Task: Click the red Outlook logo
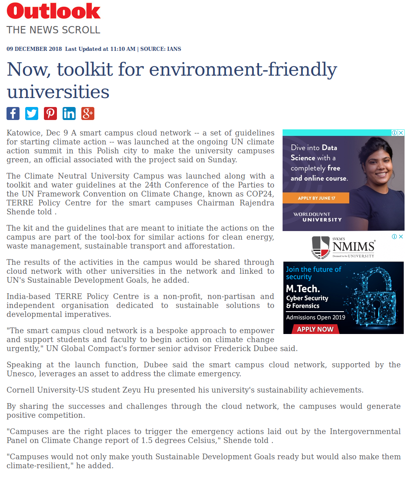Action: point(54,11)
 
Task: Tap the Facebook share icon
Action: point(13,113)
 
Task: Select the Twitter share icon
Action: point(32,113)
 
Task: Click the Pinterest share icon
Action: point(50,113)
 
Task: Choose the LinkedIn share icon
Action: point(69,113)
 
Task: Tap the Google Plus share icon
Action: point(88,113)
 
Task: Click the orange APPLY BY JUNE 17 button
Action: point(316,198)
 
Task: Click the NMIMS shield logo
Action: point(321,247)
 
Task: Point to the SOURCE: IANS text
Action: point(161,49)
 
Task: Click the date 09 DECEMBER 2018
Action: point(34,49)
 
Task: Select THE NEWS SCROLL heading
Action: point(53,30)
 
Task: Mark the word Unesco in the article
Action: point(19,373)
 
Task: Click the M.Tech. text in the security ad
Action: point(303,288)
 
